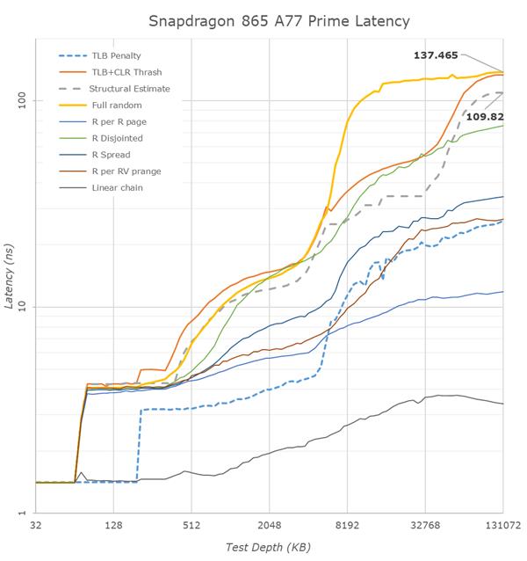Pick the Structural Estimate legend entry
point(129,89)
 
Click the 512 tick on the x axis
point(191,526)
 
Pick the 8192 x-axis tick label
point(348,526)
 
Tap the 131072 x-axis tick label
point(502,526)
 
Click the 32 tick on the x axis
point(36,526)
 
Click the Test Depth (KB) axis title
point(268,546)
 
